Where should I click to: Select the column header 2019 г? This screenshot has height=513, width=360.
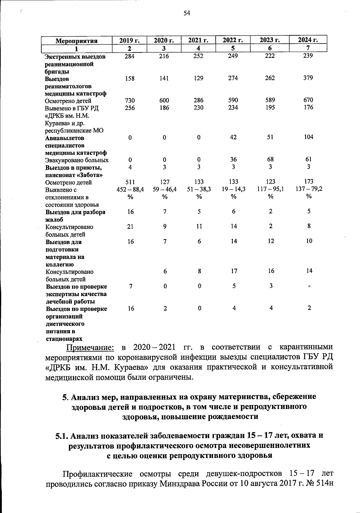pyautogui.click(x=130, y=40)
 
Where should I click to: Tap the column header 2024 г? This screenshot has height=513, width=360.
pyautogui.click(x=308, y=40)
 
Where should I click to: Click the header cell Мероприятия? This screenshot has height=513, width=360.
pyautogui.click(x=77, y=41)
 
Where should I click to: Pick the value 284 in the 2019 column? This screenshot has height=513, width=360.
pyautogui.click(x=130, y=56)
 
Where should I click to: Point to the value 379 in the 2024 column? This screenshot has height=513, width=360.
pyautogui.click(x=308, y=78)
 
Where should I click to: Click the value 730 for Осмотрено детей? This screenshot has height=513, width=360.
pyautogui.click(x=130, y=100)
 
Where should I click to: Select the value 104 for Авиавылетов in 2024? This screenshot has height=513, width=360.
pyautogui.click(x=308, y=137)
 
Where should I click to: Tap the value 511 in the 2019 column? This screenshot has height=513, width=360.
pyautogui.click(x=130, y=182)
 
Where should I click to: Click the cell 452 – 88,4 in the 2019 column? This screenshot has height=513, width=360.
pyautogui.click(x=130, y=189)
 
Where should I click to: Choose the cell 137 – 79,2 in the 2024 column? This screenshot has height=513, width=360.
pyautogui.click(x=309, y=189)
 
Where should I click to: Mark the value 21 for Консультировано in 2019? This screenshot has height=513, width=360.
pyautogui.click(x=130, y=226)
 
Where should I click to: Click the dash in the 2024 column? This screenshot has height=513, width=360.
pyautogui.click(x=309, y=286)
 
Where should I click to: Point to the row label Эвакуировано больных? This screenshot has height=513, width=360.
pyautogui.click(x=77, y=160)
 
